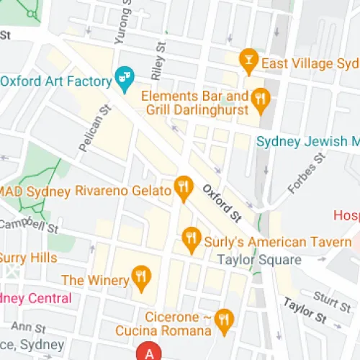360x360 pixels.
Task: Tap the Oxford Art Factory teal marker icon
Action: coord(125,78)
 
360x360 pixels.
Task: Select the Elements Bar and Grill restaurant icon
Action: coord(261,102)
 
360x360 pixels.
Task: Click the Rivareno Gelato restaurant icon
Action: coord(184,189)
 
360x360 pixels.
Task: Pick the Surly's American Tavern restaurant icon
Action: coord(191,240)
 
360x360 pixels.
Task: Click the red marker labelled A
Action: coord(150,353)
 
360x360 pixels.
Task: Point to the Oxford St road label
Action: coord(221,202)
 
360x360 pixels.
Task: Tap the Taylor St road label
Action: coord(305,310)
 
